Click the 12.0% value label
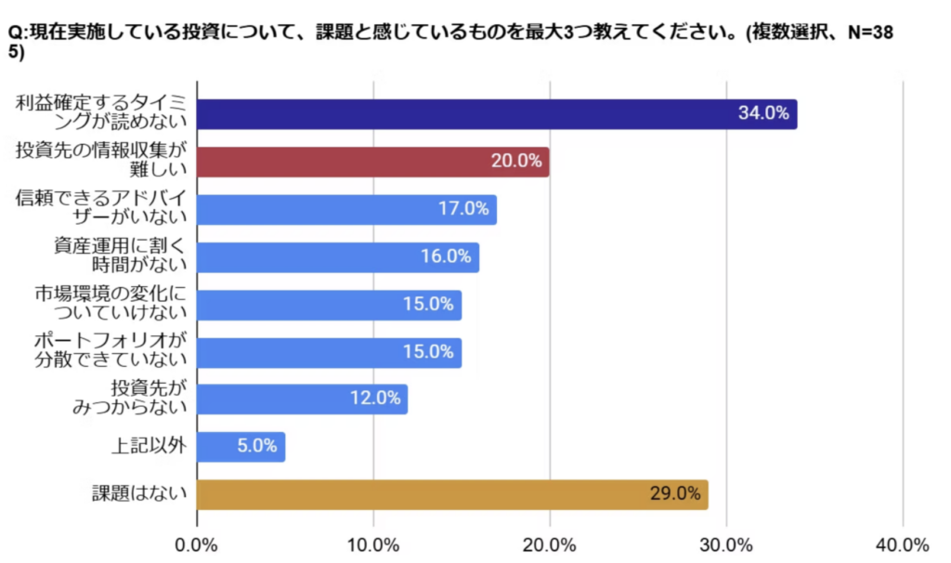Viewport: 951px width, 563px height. [x=374, y=399]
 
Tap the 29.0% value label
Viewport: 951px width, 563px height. [x=675, y=494]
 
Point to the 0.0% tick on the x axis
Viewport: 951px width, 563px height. [x=197, y=543]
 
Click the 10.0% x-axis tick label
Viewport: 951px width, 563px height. [x=373, y=543]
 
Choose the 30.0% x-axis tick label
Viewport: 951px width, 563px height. [x=726, y=543]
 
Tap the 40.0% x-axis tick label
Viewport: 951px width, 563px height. [x=903, y=543]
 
